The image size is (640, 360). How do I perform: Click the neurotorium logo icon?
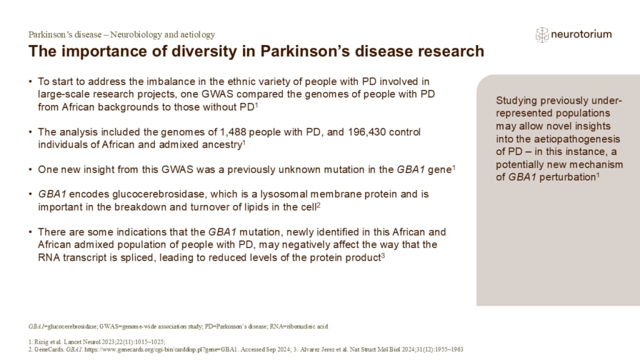coord(542,34)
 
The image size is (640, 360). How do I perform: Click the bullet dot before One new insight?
coord(31,169)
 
